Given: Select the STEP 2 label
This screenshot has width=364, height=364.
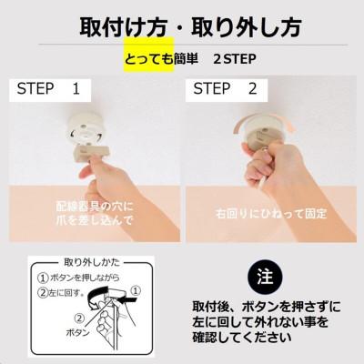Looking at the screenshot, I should pos(225,89).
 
